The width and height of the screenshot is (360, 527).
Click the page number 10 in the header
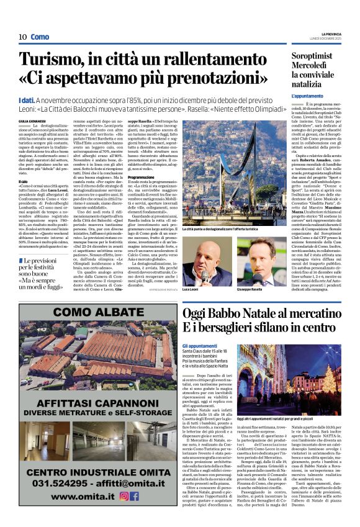[22, 37]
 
